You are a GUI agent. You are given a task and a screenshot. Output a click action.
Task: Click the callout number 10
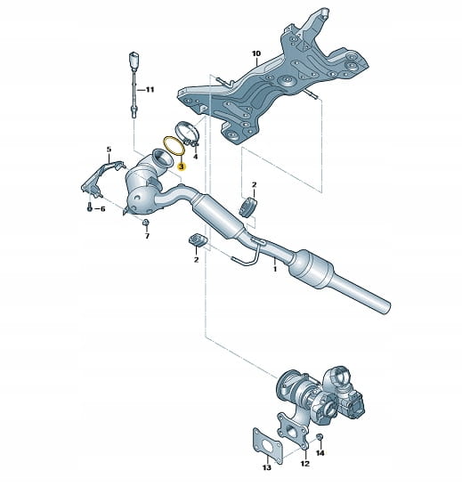click(256, 53)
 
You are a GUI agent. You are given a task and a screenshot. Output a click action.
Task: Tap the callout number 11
click(150, 90)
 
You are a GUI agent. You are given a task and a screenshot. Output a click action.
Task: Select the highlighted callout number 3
click(182, 166)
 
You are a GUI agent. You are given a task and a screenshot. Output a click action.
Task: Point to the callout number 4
click(195, 157)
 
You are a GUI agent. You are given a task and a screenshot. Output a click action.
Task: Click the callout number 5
click(109, 150)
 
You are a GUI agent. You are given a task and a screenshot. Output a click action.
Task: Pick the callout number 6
click(102, 209)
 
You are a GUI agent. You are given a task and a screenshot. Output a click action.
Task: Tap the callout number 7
click(147, 236)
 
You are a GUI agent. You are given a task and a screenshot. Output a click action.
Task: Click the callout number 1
click(275, 269)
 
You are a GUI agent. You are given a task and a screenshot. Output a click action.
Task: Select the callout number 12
click(304, 464)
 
